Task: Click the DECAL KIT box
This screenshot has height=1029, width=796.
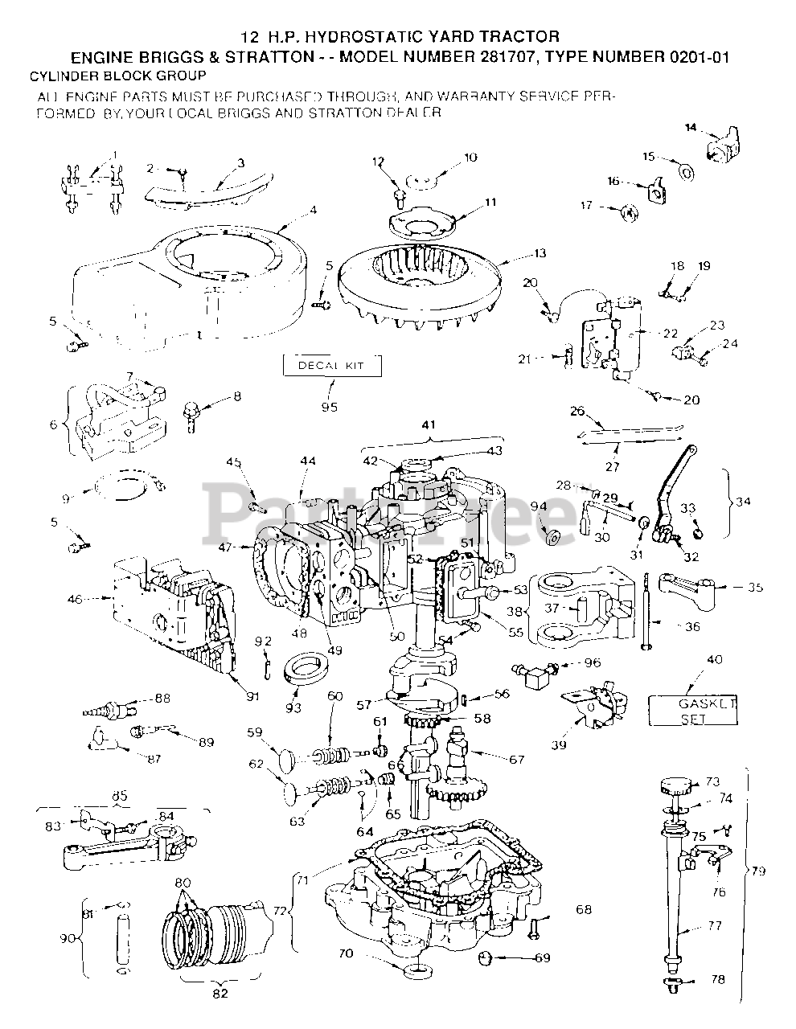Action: pyautogui.click(x=331, y=366)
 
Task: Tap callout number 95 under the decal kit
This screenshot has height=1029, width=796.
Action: pyautogui.click(x=329, y=407)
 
